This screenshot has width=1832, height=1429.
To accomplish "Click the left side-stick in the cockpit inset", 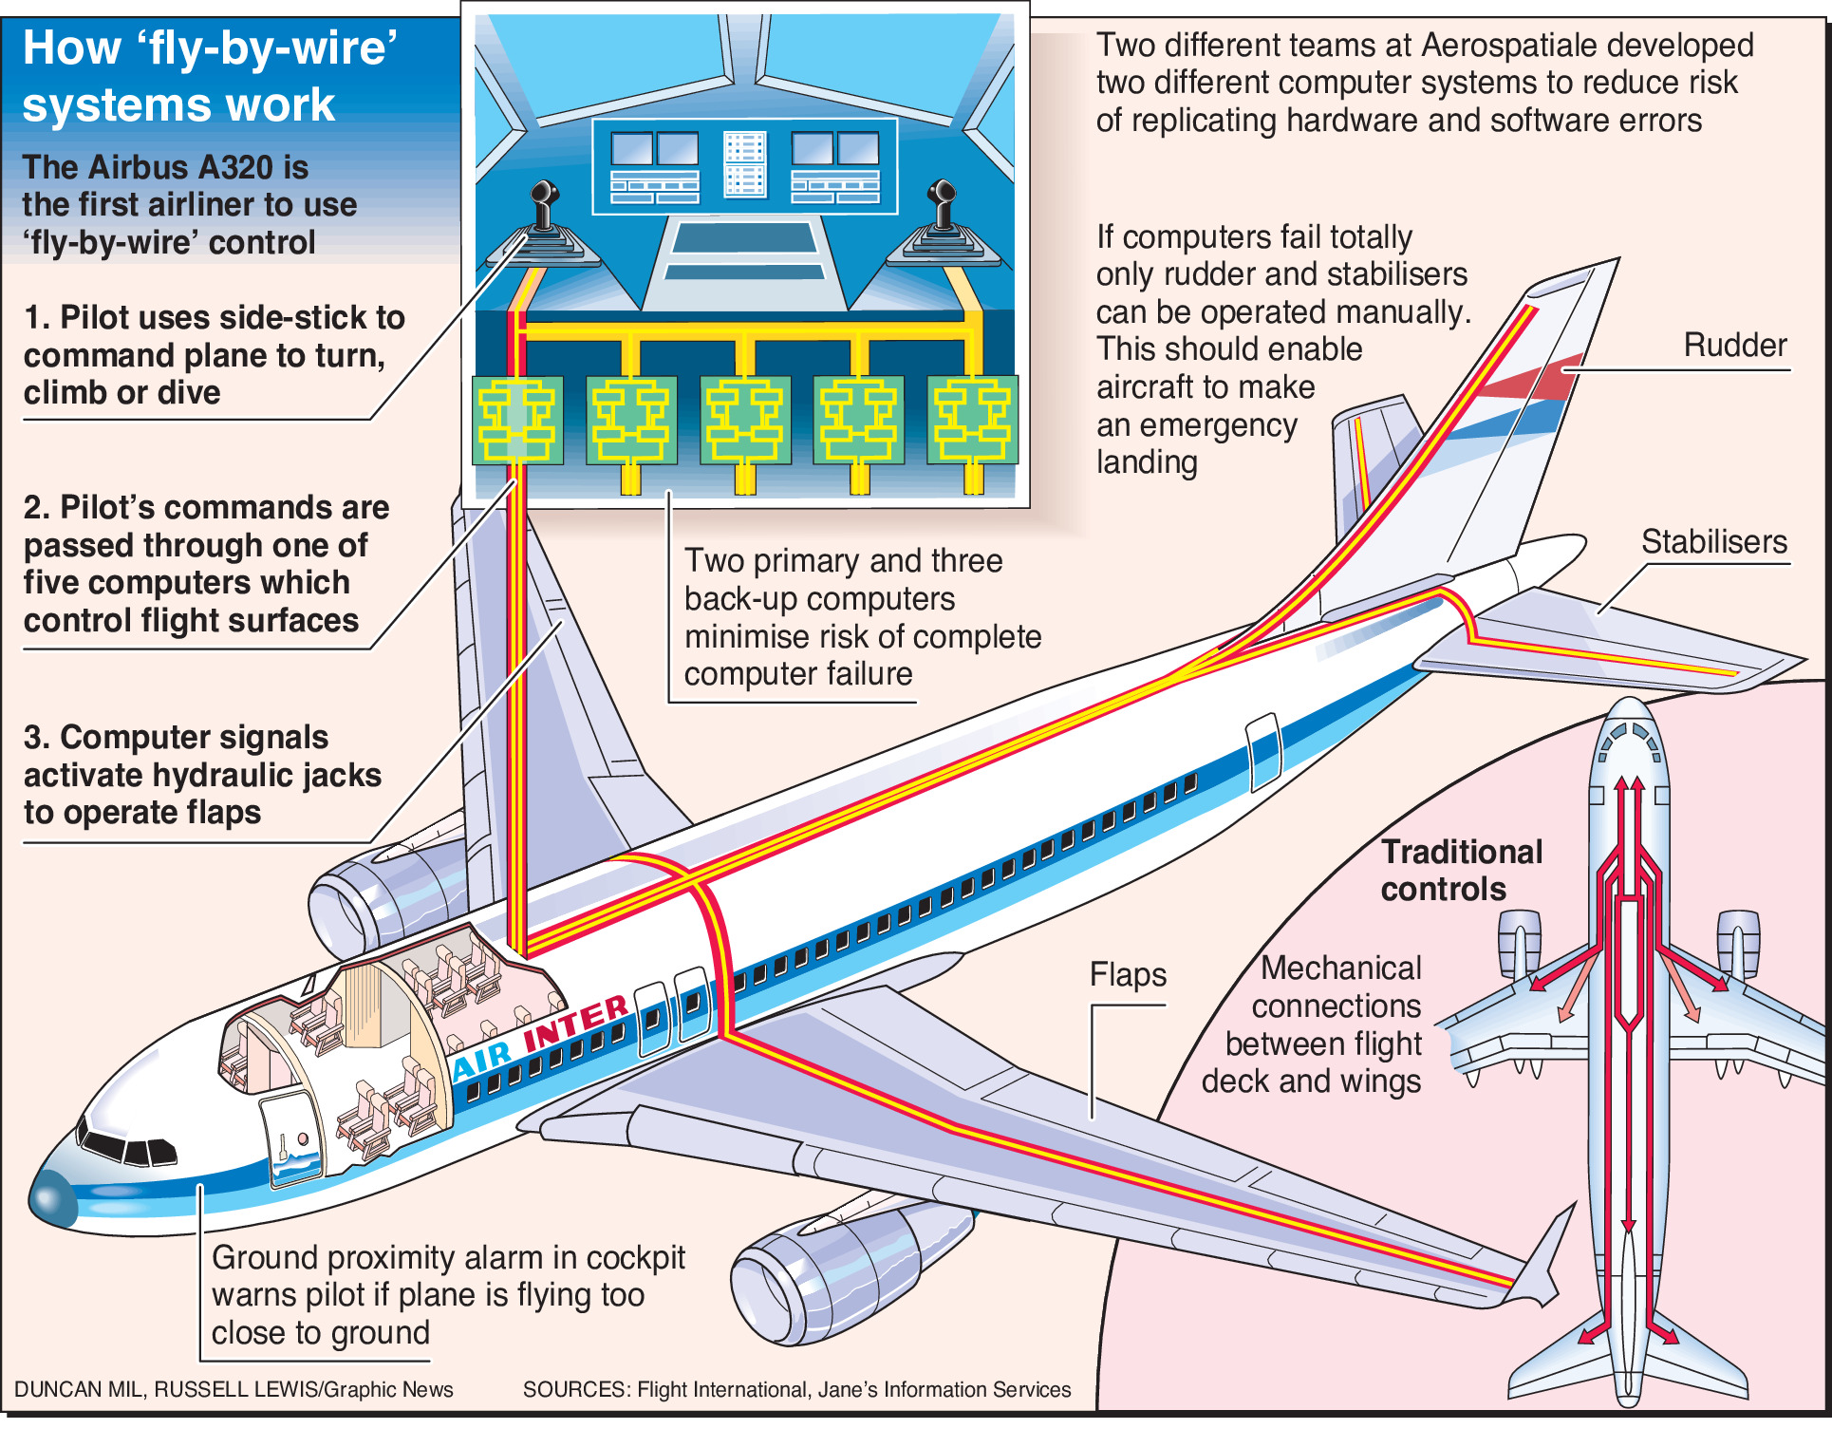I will point(544,214).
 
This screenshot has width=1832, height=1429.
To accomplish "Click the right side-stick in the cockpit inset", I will point(943,214).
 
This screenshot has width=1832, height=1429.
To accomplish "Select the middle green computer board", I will point(745,420).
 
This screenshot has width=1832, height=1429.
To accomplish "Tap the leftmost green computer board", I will point(517,420).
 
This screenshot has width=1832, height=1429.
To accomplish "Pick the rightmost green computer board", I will point(973,420).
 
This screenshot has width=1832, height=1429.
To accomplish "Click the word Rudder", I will point(1734,346).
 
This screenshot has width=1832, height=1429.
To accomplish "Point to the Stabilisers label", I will point(1713,542).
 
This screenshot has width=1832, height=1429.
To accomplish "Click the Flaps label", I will point(1128,975).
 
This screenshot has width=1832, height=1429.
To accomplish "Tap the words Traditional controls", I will point(1461,871).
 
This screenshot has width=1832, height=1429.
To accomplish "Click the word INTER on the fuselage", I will point(575,1023).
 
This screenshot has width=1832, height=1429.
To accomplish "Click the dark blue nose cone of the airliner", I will point(52,1198).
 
